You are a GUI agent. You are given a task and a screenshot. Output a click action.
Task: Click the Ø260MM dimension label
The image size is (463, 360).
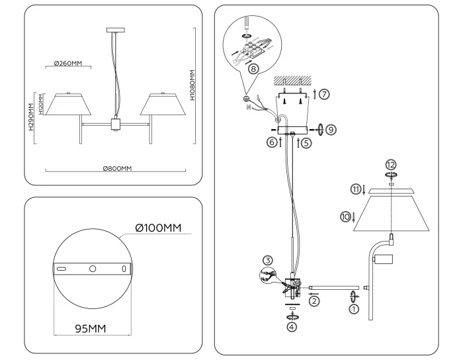(x=68, y=64)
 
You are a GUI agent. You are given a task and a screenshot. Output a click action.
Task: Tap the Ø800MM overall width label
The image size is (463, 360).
(x=117, y=168)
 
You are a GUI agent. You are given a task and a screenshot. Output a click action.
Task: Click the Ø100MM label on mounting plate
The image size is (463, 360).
(x=158, y=228)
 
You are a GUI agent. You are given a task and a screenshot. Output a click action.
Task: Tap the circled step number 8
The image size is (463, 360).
(x=253, y=69)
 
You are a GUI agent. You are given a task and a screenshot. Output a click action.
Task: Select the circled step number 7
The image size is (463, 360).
(x=323, y=94)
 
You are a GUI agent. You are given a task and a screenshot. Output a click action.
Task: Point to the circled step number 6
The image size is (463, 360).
(x=272, y=142)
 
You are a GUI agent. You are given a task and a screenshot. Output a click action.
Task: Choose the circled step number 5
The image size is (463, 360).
(x=306, y=142)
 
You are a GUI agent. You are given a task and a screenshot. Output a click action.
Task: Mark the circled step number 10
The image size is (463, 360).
(x=345, y=216)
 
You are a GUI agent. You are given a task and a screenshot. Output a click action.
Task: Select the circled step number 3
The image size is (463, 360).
(x=267, y=259)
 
